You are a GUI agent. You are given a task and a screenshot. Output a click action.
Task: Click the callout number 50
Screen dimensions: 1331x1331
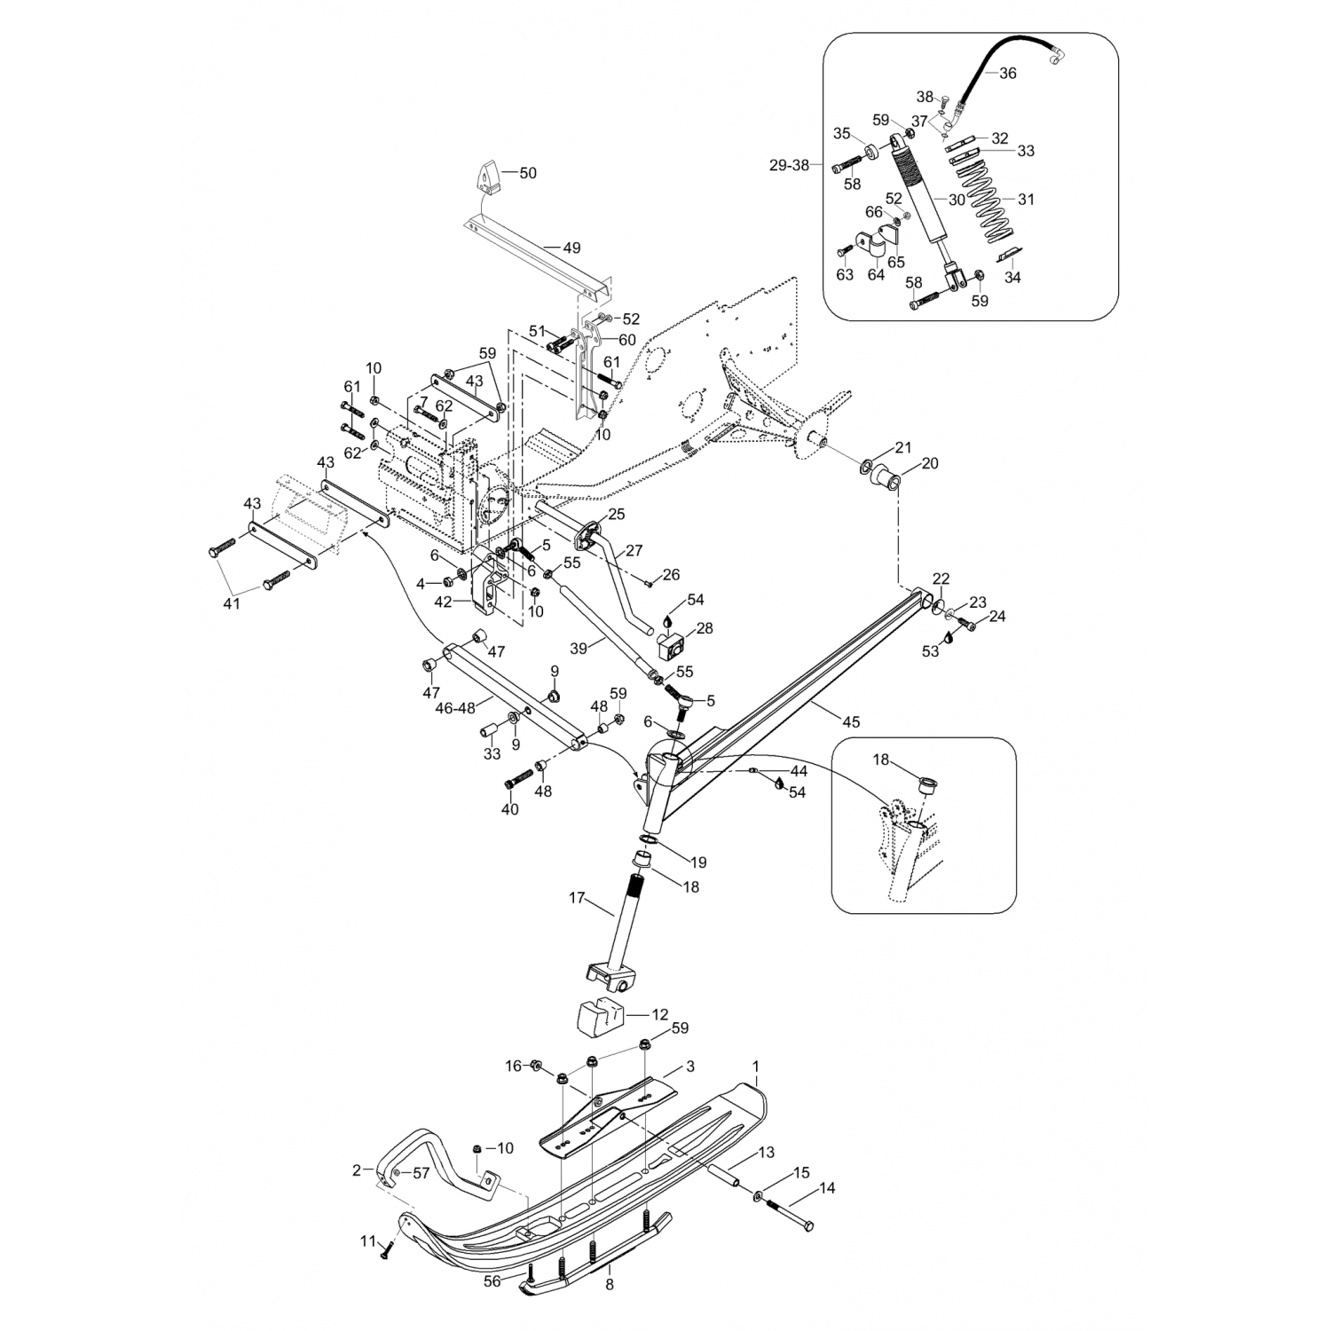click(528, 173)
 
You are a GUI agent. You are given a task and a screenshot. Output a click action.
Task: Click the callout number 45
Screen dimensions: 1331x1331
click(851, 722)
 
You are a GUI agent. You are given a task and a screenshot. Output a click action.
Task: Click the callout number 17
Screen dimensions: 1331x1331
click(578, 899)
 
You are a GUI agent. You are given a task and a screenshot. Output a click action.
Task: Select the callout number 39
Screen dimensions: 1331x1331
click(579, 649)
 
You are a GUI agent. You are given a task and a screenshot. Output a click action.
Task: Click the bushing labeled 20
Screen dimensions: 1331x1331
click(892, 483)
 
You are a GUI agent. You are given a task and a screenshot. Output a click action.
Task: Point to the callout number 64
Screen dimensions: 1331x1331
click(876, 274)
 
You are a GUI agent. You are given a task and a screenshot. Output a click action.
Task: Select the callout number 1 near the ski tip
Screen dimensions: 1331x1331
click(756, 1064)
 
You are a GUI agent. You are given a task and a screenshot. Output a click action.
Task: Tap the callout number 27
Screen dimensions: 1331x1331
click(634, 551)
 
